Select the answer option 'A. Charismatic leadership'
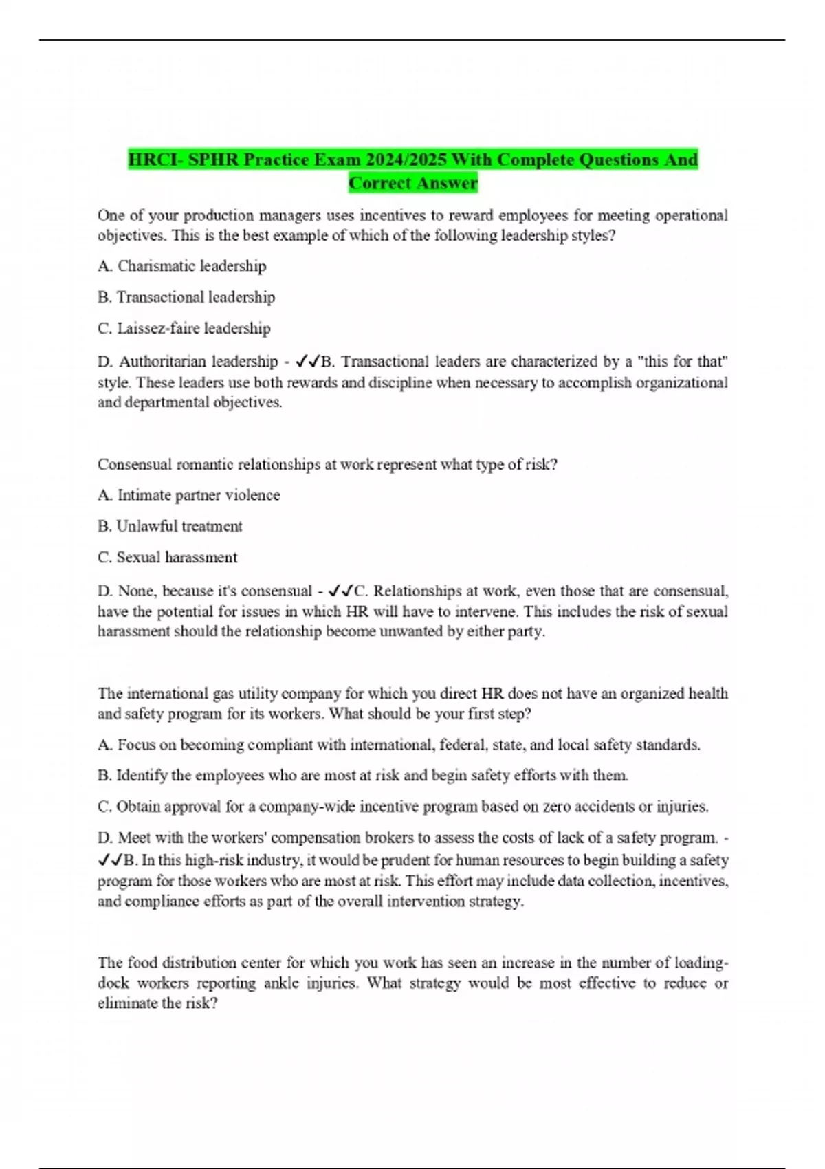click(x=182, y=265)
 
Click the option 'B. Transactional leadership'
click(x=186, y=297)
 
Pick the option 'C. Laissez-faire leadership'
click(x=184, y=328)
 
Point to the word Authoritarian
click(x=198, y=361)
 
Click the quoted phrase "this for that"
click(x=694, y=361)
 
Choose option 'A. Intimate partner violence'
click(x=189, y=495)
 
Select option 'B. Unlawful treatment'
click(x=170, y=526)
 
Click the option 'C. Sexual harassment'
click(x=168, y=557)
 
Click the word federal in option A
click(x=463, y=745)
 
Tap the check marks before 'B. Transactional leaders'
click(x=307, y=361)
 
